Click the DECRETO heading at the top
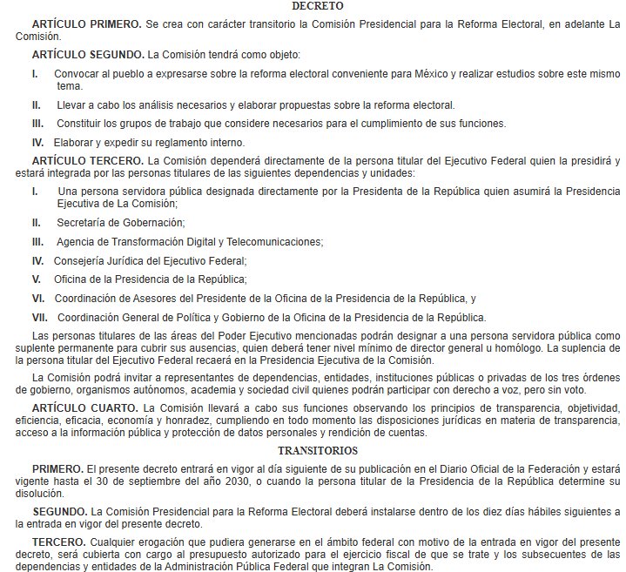tap(312, 6)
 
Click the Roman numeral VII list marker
tap(39, 317)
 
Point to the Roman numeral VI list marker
tap(37, 298)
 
